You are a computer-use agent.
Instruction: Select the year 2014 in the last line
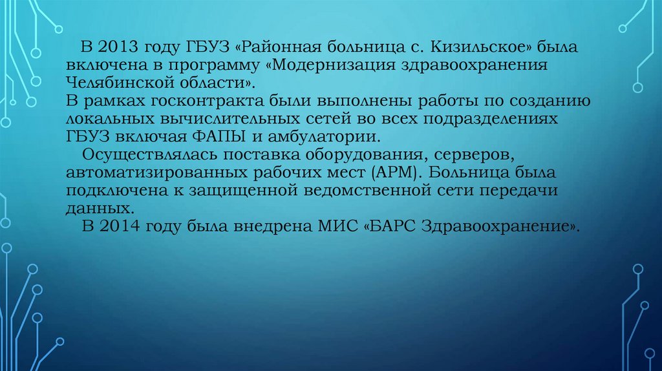[119, 227]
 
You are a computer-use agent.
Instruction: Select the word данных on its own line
[100, 209]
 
